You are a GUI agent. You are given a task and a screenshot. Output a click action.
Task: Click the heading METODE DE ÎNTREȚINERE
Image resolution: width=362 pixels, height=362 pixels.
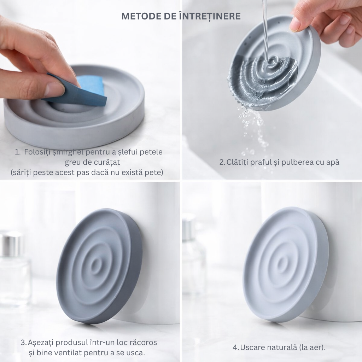pos(181,16)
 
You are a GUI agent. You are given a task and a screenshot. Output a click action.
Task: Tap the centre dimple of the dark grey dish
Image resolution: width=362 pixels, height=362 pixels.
pos(96,265)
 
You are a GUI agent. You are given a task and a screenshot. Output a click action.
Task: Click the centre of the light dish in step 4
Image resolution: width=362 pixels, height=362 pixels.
pos(282,263)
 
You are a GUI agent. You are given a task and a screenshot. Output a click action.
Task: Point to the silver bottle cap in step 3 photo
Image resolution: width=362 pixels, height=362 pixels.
pos(12,244)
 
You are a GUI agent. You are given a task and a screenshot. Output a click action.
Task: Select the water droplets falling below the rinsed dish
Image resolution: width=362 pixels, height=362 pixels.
pos(253,131)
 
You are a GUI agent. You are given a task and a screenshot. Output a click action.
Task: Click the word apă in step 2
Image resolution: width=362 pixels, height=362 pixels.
pos(332,162)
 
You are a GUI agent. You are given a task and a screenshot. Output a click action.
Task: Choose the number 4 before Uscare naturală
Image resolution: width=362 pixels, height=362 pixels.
pos(235,348)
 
